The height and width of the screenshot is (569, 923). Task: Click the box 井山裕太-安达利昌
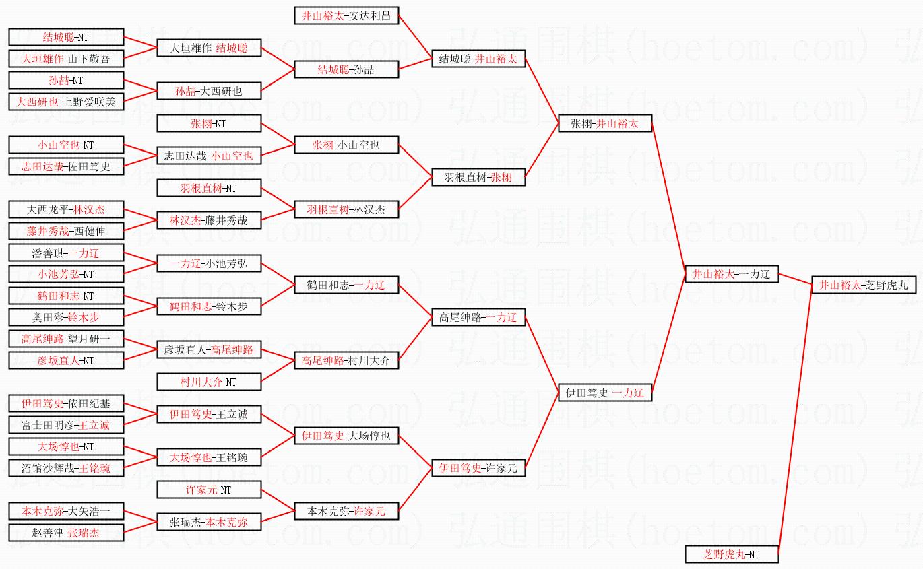(346, 15)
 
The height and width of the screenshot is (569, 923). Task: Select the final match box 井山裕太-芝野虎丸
(863, 285)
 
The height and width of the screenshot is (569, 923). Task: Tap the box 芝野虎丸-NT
(731, 554)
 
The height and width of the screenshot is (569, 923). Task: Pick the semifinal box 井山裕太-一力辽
(731, 274)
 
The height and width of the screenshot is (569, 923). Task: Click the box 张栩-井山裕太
(605, 123)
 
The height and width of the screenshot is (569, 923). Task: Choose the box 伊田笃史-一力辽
(605, 393)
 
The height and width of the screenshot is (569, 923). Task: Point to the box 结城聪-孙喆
(346, 69)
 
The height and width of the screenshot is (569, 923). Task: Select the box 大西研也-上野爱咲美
(66, 102)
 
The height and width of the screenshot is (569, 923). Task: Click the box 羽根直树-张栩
(478, 177)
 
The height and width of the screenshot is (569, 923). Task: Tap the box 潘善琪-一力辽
(66, 253)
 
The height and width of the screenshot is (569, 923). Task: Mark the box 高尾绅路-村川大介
(346, 360)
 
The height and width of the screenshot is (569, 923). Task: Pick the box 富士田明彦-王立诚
(66, 425)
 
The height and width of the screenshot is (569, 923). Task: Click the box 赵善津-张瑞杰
(66, 533)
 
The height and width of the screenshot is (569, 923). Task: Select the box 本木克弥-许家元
(346, 511)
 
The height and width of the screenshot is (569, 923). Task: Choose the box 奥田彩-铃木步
(66, 317)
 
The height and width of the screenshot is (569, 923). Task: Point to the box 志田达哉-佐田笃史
(66, 166)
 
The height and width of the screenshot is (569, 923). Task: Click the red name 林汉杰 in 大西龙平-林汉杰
(90, 209)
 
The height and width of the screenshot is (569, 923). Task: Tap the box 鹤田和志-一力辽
(346, 285)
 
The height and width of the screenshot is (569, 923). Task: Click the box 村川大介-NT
(208, 382)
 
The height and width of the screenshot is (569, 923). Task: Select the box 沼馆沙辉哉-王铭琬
(66, 468)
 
